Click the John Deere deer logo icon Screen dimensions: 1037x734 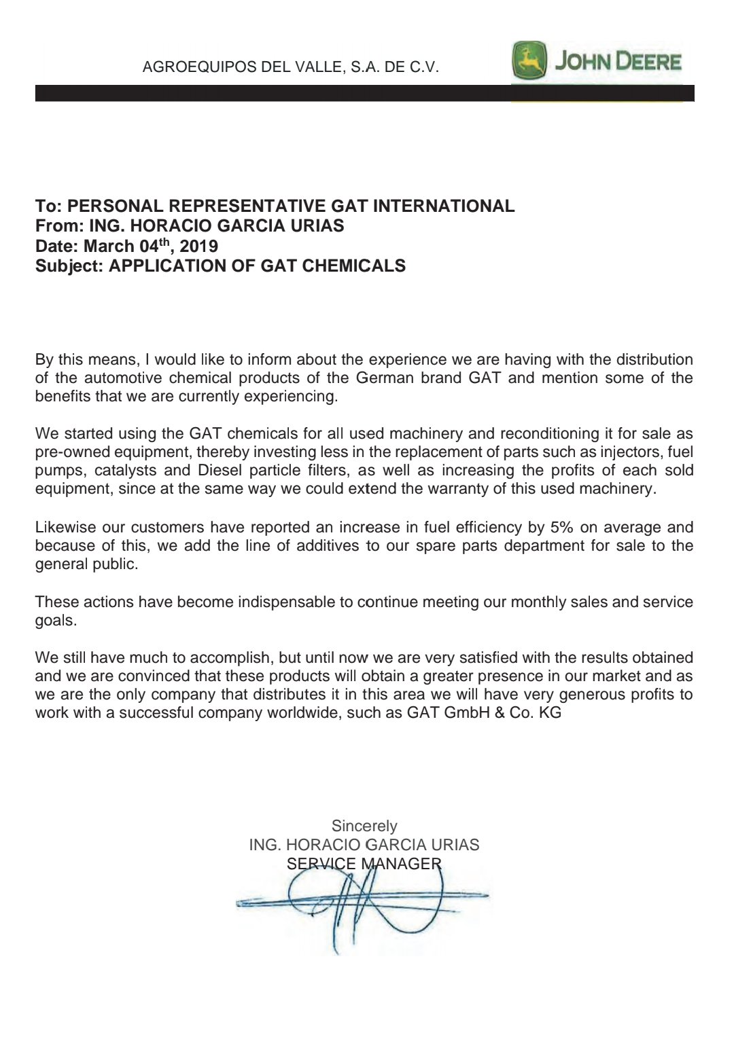[529, 60]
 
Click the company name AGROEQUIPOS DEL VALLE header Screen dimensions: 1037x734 [290, 67]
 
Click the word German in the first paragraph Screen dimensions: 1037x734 [385, 378]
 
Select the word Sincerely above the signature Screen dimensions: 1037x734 [364, 826]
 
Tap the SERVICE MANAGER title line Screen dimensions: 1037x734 [364, 864]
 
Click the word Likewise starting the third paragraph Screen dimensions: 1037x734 [65, 527]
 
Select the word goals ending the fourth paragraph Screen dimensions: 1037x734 [55, 620]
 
